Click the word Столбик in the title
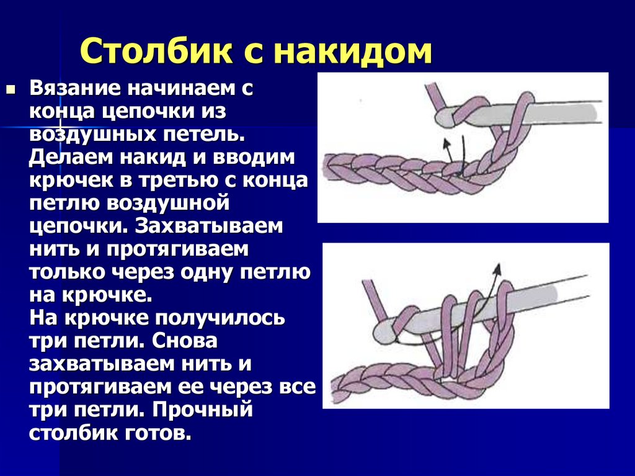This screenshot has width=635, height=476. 156,51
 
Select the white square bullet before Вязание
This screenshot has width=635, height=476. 11,88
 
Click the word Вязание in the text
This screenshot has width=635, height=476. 75,88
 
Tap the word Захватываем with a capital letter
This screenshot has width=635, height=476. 209,225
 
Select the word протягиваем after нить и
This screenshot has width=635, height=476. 177,249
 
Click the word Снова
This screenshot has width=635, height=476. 185,341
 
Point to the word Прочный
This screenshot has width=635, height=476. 203,410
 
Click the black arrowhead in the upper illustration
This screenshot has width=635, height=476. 446,142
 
